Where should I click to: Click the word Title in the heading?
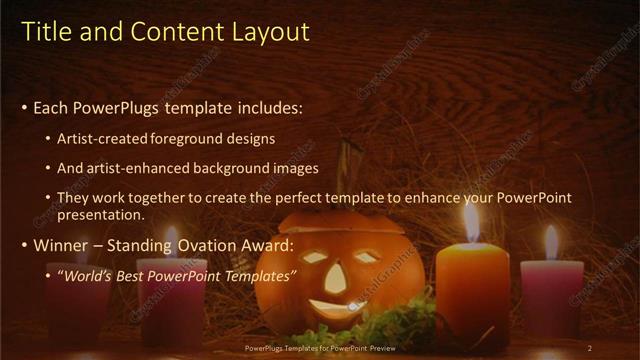(x=45, y=32)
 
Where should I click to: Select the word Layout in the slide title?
(x=272, y=32)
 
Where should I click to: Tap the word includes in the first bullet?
(x=264, y=107)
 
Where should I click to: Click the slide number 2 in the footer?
(x=589, y=348)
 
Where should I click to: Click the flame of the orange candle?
(x=471, y=222)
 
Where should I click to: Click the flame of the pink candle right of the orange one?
(x=551, y=242)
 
